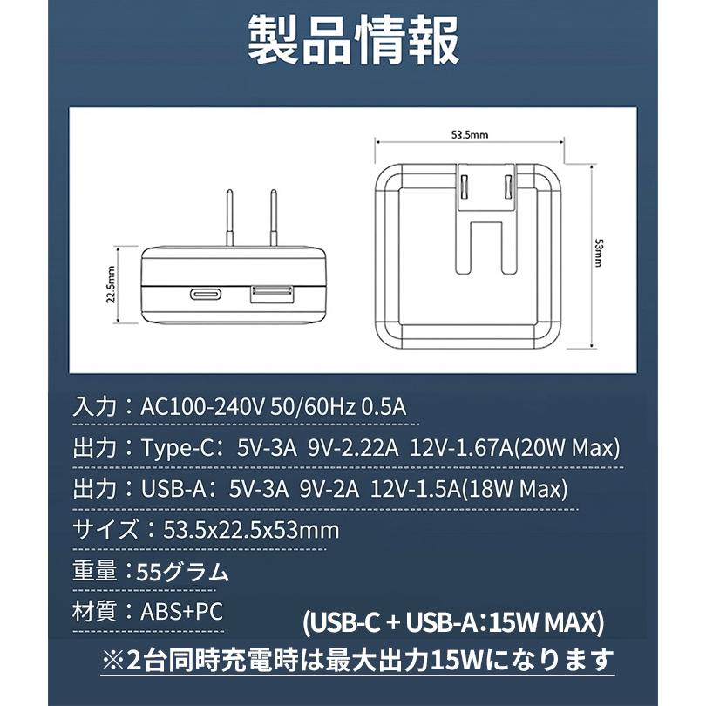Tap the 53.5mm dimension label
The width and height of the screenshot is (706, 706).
pyautogui.click(x=469, y=135)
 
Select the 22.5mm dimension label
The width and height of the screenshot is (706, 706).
pyautogui.click(x=111, y=284)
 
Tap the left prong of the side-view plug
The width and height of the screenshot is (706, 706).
pyautogui.click(x=230, y=218)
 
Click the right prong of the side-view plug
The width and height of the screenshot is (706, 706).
pyautogui.click(x=273, y=218)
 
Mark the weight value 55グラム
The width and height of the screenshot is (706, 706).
pyautogui.click(x=183, y=572)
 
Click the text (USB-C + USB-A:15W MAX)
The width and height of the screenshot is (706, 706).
pyautogui.click(x=453, y=624)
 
